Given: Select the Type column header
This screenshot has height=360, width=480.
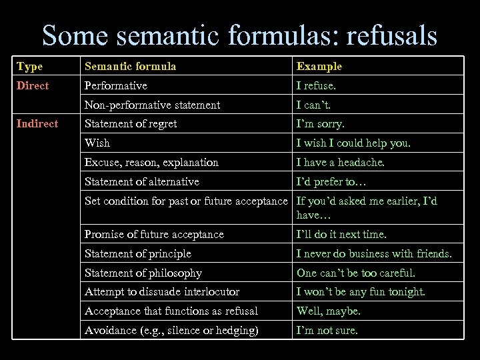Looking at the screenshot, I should (x=29, y=66).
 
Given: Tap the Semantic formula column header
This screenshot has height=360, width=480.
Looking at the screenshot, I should (x=129, y=66).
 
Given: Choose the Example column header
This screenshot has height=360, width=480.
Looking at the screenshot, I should (x=319, y=66).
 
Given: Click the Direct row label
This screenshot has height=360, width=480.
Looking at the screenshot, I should (x=33, y=85).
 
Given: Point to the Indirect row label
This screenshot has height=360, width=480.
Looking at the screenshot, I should (x=37, y=123).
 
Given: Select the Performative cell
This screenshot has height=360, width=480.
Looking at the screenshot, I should (x=116, y=85).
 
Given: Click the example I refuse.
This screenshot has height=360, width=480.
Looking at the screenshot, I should (x=317, y=85).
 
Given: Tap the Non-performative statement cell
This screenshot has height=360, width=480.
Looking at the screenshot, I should (x=153, y=105).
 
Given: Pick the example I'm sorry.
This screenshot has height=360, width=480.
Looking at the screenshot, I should (x=321, y=123).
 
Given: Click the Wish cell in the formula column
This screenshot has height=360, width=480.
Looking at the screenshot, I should (x=98, y=143).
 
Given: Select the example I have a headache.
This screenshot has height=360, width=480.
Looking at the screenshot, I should (x=341, y=162).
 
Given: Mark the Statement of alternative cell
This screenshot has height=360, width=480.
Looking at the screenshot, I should (x=142, y=181).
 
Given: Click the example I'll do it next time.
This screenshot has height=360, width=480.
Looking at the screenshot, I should (x=341, y=234).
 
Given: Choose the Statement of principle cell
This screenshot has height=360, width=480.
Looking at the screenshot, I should (x=138, y=253).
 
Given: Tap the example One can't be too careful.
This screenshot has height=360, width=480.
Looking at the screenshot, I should (x=355, y=273).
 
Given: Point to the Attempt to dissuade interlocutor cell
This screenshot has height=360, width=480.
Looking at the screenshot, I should (x=162, y=291).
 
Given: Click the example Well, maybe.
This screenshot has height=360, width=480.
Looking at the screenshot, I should (x=329, y=311).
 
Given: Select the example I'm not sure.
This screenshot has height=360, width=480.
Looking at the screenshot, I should (x=327, y=330).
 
